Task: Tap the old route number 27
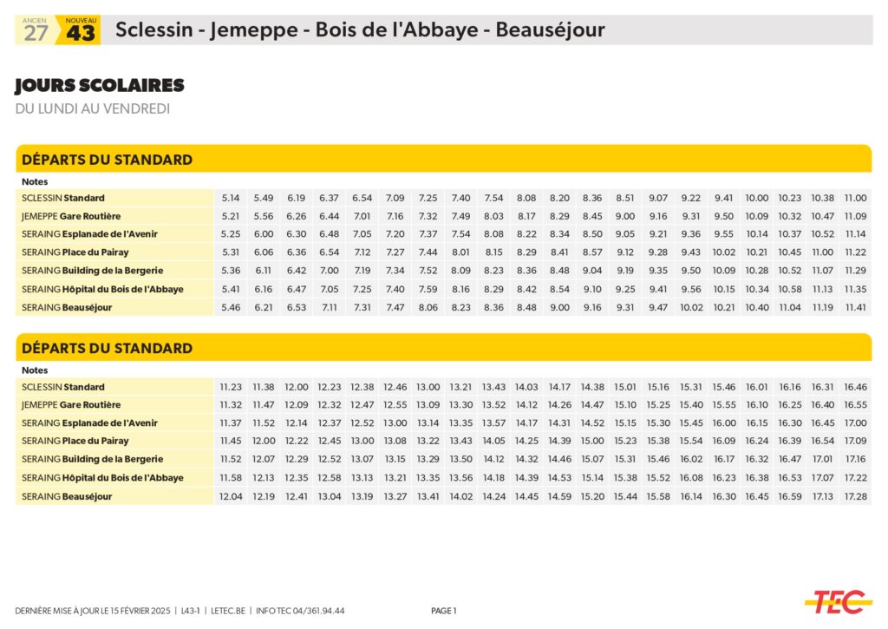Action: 36,34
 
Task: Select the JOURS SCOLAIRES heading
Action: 100,86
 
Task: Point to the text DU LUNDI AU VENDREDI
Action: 92,108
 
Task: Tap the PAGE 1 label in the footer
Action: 443,611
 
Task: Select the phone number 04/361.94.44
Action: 317,611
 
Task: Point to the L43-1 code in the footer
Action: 188,611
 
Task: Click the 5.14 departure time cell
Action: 231,199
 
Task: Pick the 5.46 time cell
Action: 231,307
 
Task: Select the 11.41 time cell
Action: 855,307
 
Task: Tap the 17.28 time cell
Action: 855,496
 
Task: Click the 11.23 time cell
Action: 231,388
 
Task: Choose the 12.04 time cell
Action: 231,496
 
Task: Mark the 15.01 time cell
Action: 625,388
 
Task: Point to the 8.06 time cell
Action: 428,307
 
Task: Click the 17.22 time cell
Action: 855,478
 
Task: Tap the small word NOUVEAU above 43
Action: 81,20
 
